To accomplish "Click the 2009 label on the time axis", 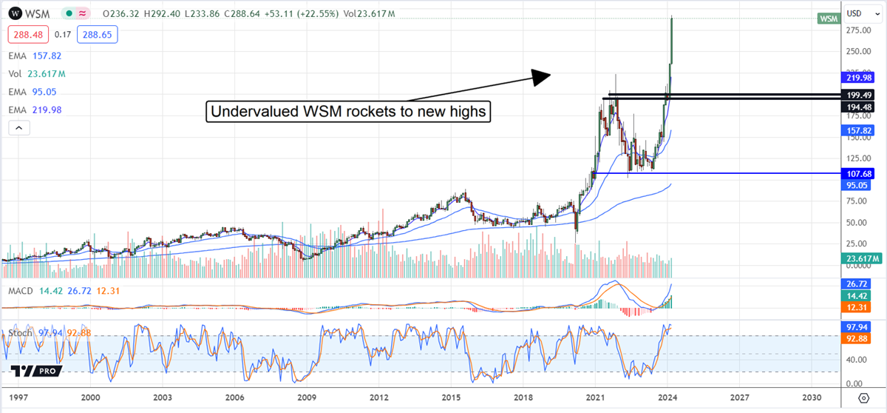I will pyautogui.click(x=307, y=397).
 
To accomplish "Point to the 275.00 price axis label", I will pyautogui.click(x=857, y=30).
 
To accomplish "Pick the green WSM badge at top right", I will pyautogui.click(x=828, y=19).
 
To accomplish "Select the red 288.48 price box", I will pyautogui.click(x=27, y=34).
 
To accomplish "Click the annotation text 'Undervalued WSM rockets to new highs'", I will pyautogui.click(x=347, y=112).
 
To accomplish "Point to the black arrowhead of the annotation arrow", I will pyautogui.click(x=543, y=74).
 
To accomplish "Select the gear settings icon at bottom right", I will pyautogui.click(x=864, y=398).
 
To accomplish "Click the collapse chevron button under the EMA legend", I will pyautogui.click(x=19, y=128).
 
